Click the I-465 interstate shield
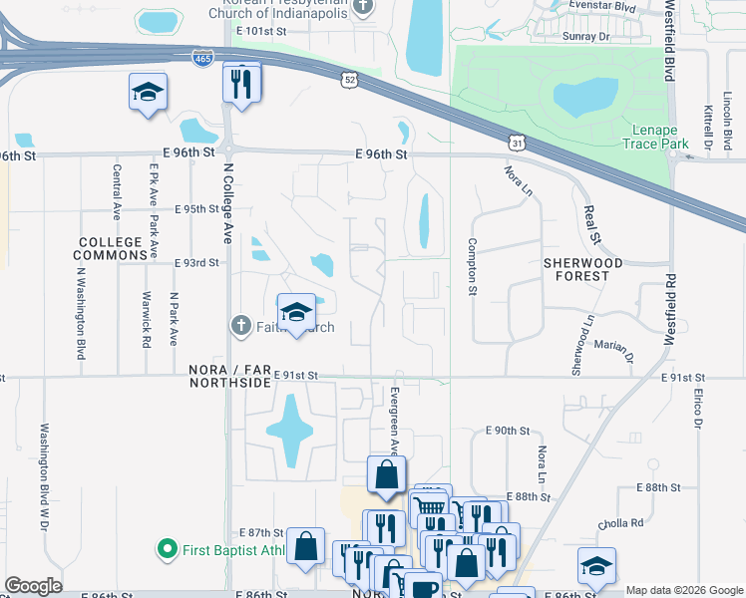[202, 59]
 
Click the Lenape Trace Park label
[660, 138]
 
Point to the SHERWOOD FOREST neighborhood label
[583, 269]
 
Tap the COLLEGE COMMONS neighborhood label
[113, 249]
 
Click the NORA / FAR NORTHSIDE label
[230, 375]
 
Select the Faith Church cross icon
[239, 326]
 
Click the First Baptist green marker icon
[167, 549]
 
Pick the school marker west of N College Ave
[148, 94]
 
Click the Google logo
[34, 586]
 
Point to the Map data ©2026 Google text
[684, 590]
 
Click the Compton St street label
[472, 267]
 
